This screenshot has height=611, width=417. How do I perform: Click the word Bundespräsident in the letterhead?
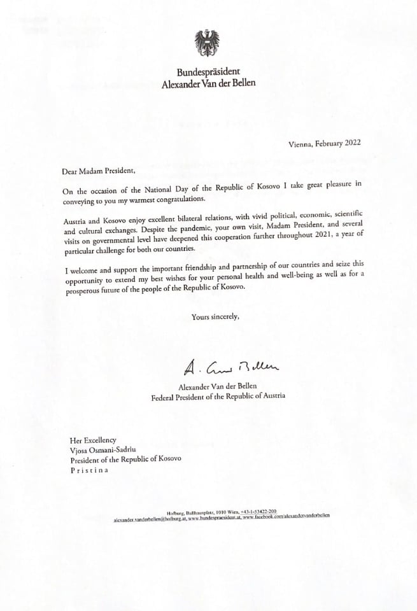(x=208, y=72)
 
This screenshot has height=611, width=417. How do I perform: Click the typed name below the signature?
(x=217, y=386)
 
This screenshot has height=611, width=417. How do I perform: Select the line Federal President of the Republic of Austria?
(x=218, y=396)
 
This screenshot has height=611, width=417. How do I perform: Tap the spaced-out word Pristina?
(x=89, y=470)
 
